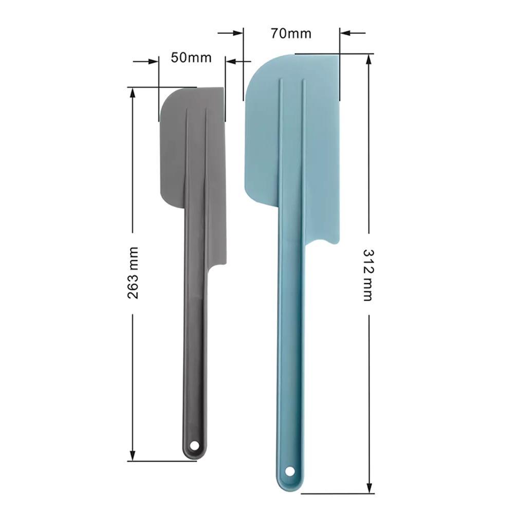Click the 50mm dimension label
pos(191,57)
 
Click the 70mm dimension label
pos(291,33)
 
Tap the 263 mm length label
pos(133,272)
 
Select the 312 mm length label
pos(369,274)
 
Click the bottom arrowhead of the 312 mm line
pos(369,488)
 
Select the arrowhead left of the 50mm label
pos(154,62)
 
